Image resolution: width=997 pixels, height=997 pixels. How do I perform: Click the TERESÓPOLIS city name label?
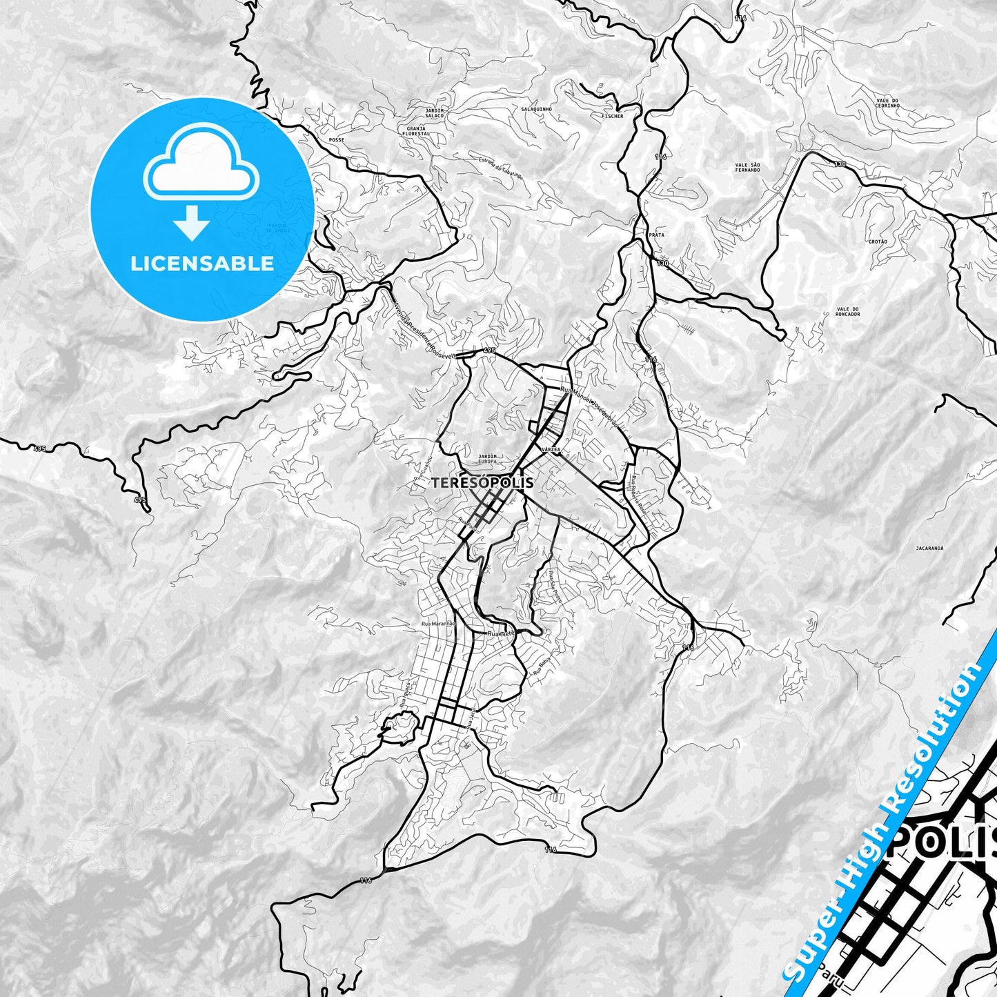pyautogui.click(x=482, y=483)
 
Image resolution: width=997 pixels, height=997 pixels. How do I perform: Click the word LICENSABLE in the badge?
pyautogui.click(x=202, y=264)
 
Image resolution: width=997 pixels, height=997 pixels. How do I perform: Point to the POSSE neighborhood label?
pyautogui.click(x=337, y=140)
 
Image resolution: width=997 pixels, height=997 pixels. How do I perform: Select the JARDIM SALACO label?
pyautogui.click(x=435, y=112)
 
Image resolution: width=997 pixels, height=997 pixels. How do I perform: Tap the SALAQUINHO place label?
pyautogui.click(x=535, y=110)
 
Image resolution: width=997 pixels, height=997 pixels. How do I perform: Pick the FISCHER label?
pyautogui.click(x=612, y=116)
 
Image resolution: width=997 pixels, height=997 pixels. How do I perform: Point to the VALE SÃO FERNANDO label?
pyautogui.click(x=747, y=166)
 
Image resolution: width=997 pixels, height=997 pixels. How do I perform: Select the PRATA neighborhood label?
pyautogui.click(x=656, y=235)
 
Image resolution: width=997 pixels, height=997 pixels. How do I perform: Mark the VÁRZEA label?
pyautogui.click(x=551, y=449)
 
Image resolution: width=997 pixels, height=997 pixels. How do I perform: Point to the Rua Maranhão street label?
pyautogui.click(x=437, y=624)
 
